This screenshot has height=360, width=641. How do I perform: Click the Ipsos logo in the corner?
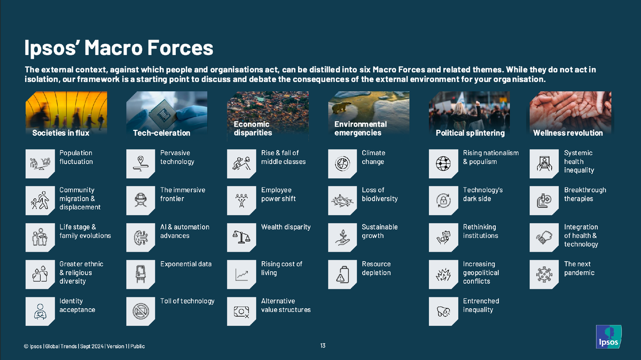(x=608, y=336)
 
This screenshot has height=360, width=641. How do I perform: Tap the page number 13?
(x=323, y=346)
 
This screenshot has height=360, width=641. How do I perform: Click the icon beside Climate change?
(x=342, y=163)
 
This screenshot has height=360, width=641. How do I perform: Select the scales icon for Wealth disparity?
(x=241, y=238)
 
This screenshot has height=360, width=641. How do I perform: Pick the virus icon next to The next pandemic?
(x=544, y=275)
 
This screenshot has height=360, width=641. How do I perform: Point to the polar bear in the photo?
(x=341, y=107)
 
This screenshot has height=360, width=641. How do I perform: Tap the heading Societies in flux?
(x=61, y=133)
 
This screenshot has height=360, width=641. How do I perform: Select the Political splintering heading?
(x=470, y=133)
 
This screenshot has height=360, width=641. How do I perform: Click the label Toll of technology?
(x=187, y=301)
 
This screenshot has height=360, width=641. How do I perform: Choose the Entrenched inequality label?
(x=481, y=306)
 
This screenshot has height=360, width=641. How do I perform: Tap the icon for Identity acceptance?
(x=40, y=311)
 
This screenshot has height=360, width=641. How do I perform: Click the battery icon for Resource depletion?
(x=342, y=275)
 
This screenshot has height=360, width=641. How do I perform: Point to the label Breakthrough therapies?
(x=585, y=194)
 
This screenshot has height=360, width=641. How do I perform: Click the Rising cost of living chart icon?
(x=241, y=275)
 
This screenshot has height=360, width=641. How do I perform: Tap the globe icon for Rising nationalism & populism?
(x=443, y=163)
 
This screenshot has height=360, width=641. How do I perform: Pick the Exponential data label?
(x=186, y=264)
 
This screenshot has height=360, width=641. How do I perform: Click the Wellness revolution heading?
(x=568, y=133)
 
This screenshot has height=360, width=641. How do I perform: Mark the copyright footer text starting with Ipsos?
(x=84, y=346)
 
